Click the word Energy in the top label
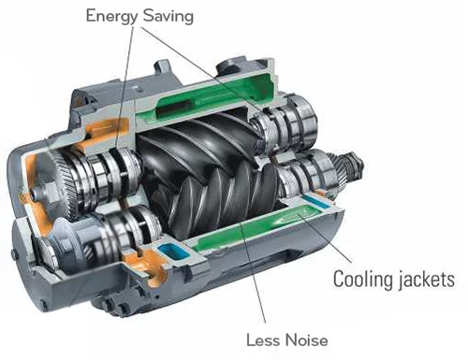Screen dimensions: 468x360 111,16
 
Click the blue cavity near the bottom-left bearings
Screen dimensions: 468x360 173,251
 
